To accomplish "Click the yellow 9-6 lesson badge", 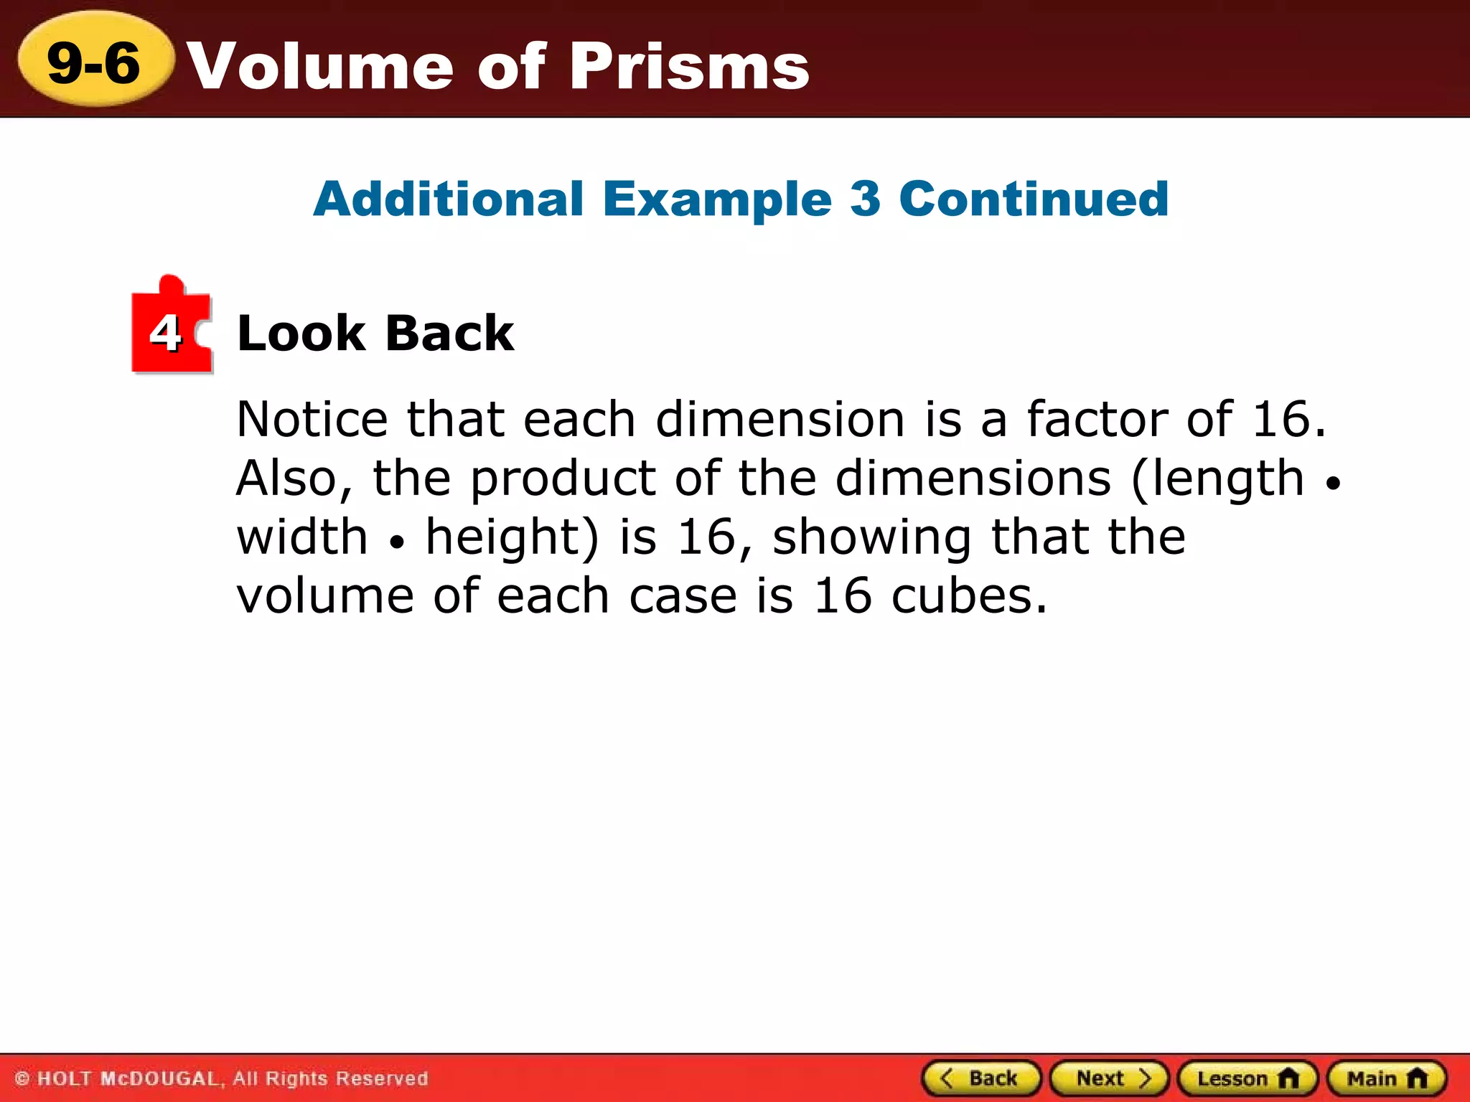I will pyautogui.click(x=94, y=62).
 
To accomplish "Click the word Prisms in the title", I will pyautogui.click(x=690, y=66).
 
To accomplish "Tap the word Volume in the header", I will pyautogui.click(x=321, y=66).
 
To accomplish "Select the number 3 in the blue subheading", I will pyautogui.click(x=865, y=199).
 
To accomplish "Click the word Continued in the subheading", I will pyautogui.click(x=1034, y=199).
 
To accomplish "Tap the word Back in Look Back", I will pyautogui.click(x=449, y=334).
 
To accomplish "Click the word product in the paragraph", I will pyautogui.click(x=563, y=479).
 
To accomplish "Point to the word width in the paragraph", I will pyautogui.click(x=302, y=537).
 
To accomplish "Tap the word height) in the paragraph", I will pyautogui.click(x=512, y=537).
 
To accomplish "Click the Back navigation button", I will pyautogui.click(x=980, y=1078).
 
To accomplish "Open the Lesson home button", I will pyautogui.click(x=1247, y=1078).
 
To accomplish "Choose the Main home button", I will pyautogui.click(x=1386, y=1078).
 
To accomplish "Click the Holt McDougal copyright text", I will pyautogui.click(x=222, y=1078).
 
